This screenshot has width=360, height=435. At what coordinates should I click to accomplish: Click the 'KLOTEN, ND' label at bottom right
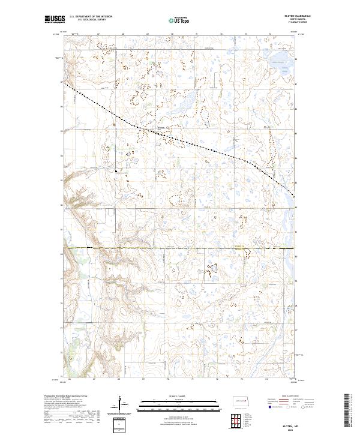tap(287, 425)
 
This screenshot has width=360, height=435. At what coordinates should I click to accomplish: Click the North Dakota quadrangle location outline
tap(241, 401)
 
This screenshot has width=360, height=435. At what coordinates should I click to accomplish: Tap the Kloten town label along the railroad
tap(160, 128)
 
